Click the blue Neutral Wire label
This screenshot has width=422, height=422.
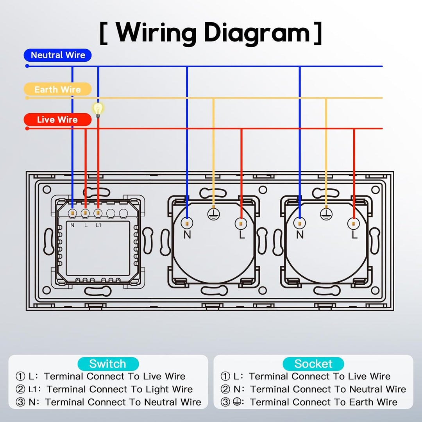(x=58, y=55)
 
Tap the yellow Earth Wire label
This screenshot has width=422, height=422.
(x=57, y=89)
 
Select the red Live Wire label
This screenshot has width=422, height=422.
(x=57, y=120)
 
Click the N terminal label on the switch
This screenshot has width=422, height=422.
(x=72, y=225)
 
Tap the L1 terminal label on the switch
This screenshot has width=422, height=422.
(x=98, y=225)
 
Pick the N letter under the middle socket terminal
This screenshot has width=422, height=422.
(x=187, y=235)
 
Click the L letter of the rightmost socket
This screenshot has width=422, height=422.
(x=354, y=235)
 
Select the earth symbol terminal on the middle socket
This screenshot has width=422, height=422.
(x=213, y=213)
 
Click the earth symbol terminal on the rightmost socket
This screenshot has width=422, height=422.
(x=325, y=213)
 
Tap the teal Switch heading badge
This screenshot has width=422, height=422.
(x=108, y=364)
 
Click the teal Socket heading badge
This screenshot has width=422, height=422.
(x=313, y=364)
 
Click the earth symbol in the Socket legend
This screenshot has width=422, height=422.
(x=237, y=402)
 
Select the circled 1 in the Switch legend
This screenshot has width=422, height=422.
(x=20, y=377)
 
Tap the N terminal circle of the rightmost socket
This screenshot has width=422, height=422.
(x=300, y=223)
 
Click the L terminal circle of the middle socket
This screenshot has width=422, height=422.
(x=241, y=223)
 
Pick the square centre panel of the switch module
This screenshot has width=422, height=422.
(x=98, y=249)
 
